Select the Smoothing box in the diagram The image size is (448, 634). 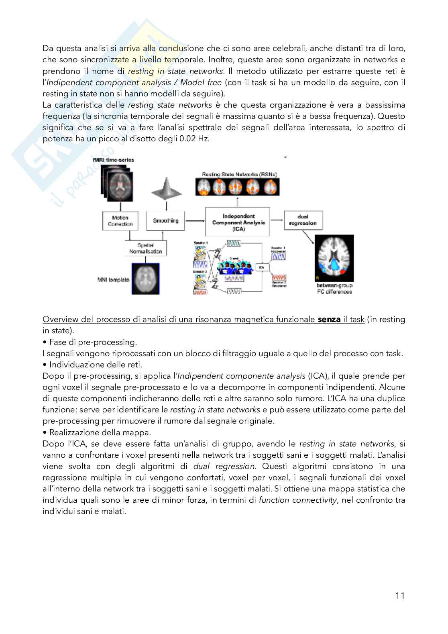165,220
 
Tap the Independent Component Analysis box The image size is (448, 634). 238,222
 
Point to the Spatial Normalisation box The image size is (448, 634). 146,248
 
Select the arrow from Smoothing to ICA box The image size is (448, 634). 195,220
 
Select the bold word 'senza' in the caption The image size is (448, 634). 329,320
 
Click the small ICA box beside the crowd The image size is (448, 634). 261,267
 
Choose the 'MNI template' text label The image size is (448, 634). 113,279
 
